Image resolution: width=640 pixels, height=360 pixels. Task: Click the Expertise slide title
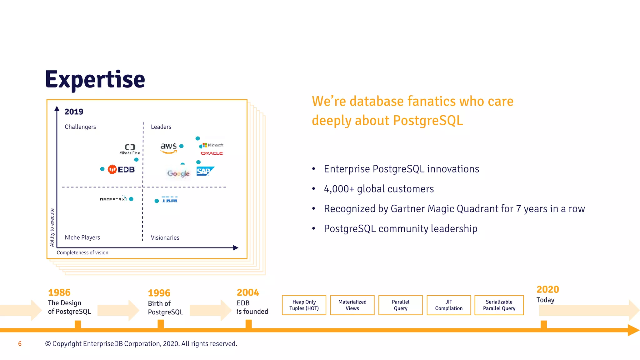pos(95,80)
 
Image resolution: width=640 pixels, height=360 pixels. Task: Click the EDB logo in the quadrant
pos(121,169)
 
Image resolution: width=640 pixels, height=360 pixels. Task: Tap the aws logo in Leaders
pos(169,147)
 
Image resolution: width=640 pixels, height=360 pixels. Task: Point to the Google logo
pos(178,173)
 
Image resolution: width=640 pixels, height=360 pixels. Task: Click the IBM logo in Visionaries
pos(170,200)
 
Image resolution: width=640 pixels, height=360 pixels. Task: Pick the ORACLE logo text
pos(212,153)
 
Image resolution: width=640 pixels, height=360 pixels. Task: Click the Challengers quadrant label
pos(80,127)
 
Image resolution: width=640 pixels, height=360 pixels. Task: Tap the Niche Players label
pos(82,237)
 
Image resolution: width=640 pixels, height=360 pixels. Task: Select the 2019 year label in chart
pos(74,112)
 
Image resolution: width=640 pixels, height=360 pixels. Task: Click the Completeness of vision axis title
pos(82,252)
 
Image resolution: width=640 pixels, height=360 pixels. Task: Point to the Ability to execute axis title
pos(52,227)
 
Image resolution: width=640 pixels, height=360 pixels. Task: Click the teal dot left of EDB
pos(102,169)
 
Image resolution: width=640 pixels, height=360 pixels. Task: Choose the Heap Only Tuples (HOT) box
pos(304,305)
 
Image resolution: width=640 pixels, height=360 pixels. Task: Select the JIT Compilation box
pos(449,305)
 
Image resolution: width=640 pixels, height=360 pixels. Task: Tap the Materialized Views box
pos(352,305)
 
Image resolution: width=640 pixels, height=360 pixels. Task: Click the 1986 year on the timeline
pos(59,292)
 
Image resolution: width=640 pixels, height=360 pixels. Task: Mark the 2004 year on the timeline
pos(248,292)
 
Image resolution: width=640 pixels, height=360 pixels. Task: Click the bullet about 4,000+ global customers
pos(379,189)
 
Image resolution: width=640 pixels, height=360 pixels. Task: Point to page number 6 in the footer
pos(20,344)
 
